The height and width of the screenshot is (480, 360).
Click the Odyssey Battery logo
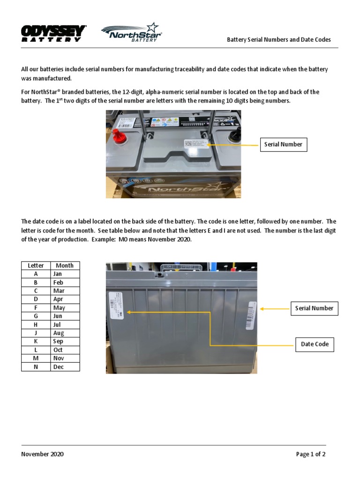[x=53, y=34]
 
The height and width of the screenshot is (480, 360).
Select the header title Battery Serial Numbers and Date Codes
[x=279, y=40]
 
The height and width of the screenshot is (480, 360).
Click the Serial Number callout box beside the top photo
[x=283, y=144]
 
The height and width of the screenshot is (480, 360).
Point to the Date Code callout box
[x=315, y=344]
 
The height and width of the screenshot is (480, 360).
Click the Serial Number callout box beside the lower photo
[x=314, y=308]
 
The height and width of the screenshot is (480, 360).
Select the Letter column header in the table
[x=36, y=265]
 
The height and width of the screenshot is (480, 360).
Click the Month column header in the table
[x=65, y=265]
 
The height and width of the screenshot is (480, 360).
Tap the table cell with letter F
[x=36, y=308]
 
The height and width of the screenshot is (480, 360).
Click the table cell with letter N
[x=36, y=367]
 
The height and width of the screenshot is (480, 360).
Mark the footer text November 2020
[x=43, y=454]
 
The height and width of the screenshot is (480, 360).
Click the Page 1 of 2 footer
[x=310, y=454]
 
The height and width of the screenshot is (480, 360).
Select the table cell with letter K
[x=36, y=342]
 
